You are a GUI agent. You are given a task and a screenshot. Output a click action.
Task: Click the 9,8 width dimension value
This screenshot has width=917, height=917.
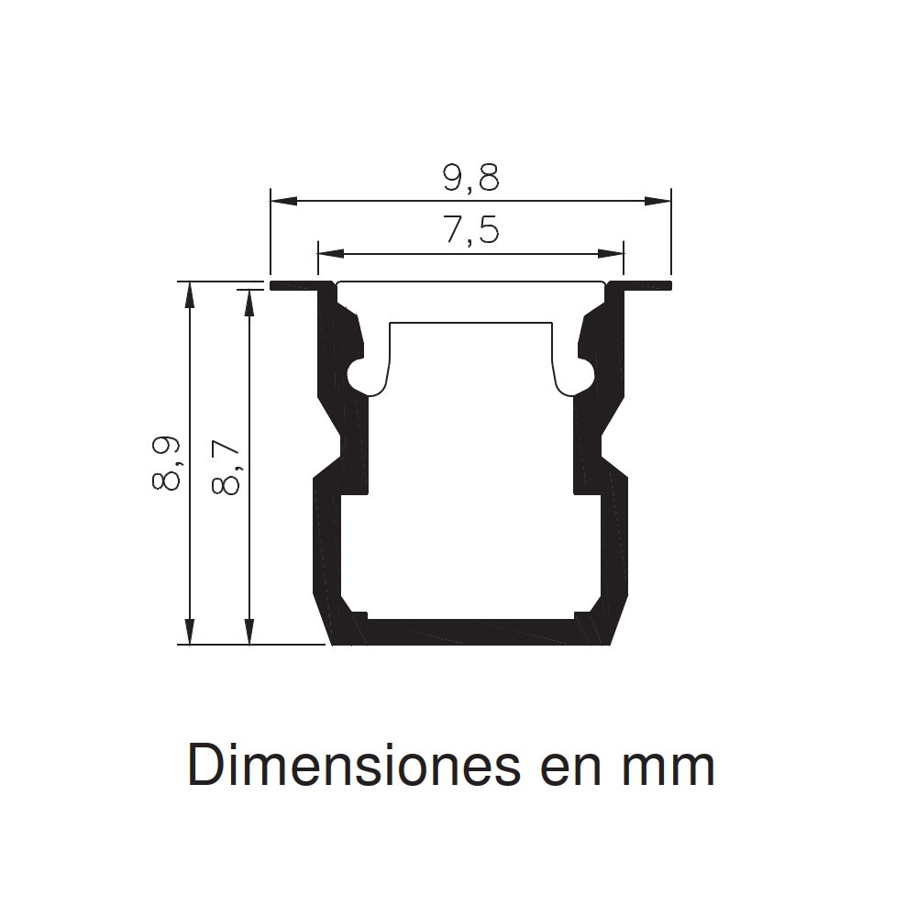(470, 178)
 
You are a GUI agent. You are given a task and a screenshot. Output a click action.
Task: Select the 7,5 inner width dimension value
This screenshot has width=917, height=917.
(470, 231)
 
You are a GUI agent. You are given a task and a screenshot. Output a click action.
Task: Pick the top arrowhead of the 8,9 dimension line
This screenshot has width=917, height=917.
(190, 293)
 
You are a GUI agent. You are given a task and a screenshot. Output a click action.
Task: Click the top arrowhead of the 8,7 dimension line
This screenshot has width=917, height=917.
(248, 300)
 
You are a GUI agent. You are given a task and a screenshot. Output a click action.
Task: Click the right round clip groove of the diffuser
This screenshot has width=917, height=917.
(582, 376)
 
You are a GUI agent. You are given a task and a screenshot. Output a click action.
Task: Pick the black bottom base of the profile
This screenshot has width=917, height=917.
(470, 632)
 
